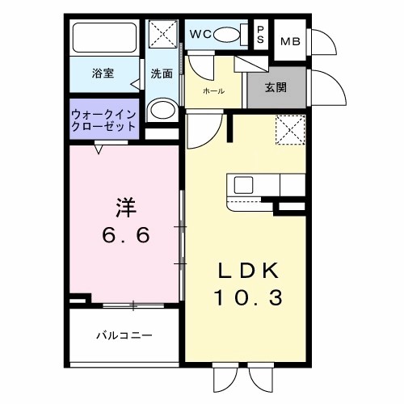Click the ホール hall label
(213, 91)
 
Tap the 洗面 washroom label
(162, 74)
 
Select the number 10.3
(248, 298)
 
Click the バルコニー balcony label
(124, 334)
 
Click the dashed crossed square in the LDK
(288, 129)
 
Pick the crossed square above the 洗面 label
(162, 36)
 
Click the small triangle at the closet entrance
(99, 148)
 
